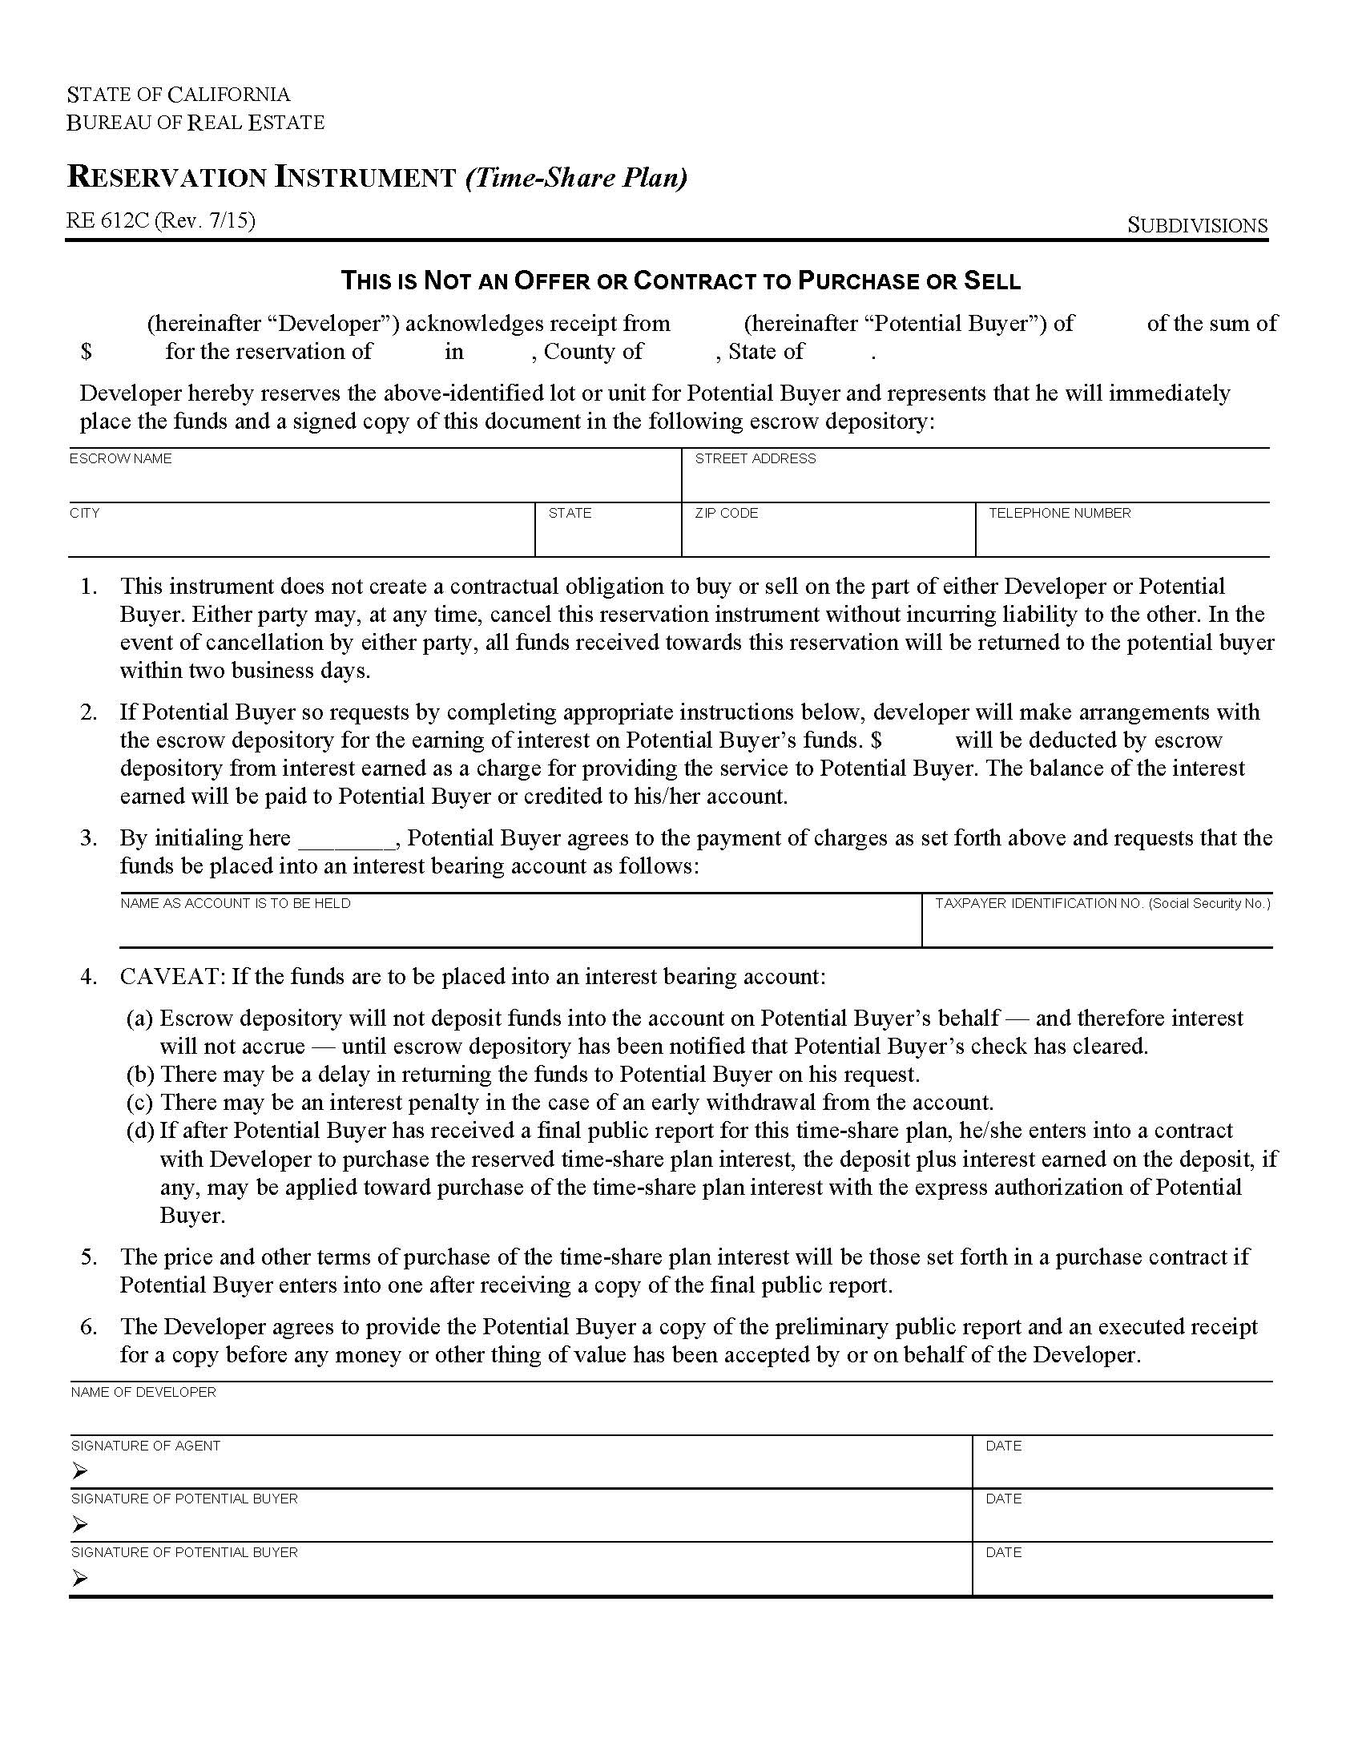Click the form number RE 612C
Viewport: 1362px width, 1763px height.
click(x=108, y=220)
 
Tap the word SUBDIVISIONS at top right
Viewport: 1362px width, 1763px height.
click(x=1197, y=226)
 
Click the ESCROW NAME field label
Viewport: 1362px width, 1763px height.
click(x=120, y=458)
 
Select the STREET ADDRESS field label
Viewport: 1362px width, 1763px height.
click(x=756, y=458)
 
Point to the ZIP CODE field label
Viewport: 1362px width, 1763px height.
click(x=726, y=513)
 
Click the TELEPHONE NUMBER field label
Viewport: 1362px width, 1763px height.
click(x=1059, y=513)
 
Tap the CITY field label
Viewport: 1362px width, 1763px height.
click(x=85, y=513)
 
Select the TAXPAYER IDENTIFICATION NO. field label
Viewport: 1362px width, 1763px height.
click(x=1102, y=903)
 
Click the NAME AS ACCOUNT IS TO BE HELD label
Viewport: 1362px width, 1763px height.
click(x=236, y=903)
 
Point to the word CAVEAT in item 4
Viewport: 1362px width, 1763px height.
click(x=172, y=977)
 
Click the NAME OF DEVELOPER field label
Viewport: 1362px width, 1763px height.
click(x=143, y=1393)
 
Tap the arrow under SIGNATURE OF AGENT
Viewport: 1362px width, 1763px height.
click(x=79, y=1471)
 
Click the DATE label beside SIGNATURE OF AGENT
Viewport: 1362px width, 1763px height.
click(x=1003, y=1446)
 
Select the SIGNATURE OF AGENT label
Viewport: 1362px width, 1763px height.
click(x=145, y=1446)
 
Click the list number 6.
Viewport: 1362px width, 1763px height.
click(x=88, y=1326)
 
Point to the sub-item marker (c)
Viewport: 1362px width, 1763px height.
click(x=140, y=1103)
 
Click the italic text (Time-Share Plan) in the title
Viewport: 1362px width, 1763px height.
click(x=576, y=178)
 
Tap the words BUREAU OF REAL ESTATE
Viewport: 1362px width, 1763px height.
click(x=195, y=123)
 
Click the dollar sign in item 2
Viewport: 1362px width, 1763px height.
click(x=876, y=740)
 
